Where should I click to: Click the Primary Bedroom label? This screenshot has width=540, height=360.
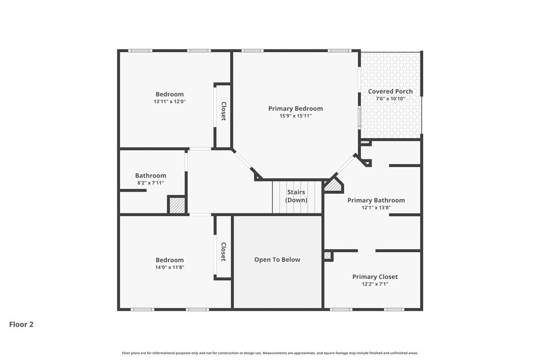(295, 108)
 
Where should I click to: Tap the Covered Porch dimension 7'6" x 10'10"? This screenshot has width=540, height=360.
(390, 99)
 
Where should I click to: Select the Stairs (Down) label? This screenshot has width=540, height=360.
(296, 196)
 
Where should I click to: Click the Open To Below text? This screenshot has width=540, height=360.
(277, 260)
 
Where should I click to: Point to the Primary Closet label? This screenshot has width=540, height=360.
(375, 277)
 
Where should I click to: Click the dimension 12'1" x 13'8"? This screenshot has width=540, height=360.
(376, 208)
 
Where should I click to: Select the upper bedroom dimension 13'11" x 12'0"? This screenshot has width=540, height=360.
(170, 101)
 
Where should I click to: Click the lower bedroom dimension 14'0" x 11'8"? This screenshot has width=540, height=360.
(170, 268)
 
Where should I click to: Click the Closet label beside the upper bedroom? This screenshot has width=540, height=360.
(223, 111)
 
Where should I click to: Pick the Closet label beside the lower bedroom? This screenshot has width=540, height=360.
(223, 252)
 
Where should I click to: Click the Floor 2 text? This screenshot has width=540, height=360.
(21, 324)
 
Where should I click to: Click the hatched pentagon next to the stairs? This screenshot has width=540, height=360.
(333, 185)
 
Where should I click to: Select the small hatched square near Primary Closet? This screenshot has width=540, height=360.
(328, 256)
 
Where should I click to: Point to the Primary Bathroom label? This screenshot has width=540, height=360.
(376, 200)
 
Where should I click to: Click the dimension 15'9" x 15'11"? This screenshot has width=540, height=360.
(295, 116)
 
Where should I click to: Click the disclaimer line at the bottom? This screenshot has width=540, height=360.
(270, 353)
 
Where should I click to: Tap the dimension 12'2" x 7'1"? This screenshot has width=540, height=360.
(375, 284)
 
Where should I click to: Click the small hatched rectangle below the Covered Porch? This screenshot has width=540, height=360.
(365, 142)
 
